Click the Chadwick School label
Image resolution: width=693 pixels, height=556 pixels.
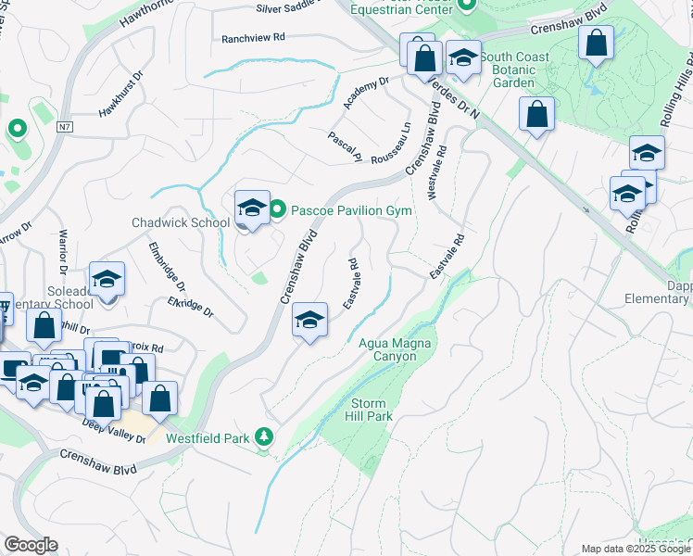[x=181, y=222]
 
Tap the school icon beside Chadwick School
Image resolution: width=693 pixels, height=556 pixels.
[x=252, y=208]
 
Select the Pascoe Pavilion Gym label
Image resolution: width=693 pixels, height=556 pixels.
[x=351, y=210]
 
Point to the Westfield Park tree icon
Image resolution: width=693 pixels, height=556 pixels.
[x=264, y=436]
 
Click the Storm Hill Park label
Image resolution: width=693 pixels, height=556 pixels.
[x=372, y=410]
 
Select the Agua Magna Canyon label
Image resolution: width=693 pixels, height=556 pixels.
[x=396, y=350]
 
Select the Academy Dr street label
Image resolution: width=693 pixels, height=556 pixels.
[x=362, y=94]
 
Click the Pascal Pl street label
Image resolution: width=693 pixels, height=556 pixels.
[x=344, y=147]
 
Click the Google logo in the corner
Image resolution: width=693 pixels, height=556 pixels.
[x=31, y=545]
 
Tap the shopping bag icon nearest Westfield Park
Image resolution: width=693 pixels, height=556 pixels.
[x=159, y=398]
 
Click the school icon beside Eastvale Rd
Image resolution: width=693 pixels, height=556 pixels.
[x=311, y=321]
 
